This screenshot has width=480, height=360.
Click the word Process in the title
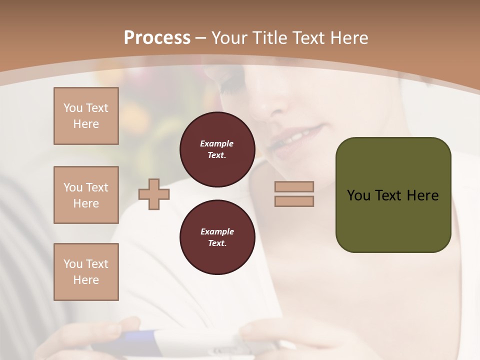click(x=157, y=38)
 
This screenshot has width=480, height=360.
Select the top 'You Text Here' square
click(x=86, y=116)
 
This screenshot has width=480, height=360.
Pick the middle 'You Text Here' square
click(x=86, y=195)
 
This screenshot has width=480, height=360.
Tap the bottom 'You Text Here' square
click(x=86, y=272)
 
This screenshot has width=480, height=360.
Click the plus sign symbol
click(x=153, y=194)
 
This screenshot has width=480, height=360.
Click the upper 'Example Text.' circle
click(x=217, y=149)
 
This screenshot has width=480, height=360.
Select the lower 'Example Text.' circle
click(x=217, y=237)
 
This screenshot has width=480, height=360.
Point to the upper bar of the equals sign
click(x=294, y=186)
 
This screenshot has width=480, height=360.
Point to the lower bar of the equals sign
click(x=294, y=201)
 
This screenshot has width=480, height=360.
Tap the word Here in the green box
click(x=422, y=195)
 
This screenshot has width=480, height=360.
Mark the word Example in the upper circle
click(x=217, y=143)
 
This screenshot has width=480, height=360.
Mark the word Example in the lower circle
click(x=217, y=231)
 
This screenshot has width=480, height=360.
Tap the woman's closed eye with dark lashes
click(x=232, y=85)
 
